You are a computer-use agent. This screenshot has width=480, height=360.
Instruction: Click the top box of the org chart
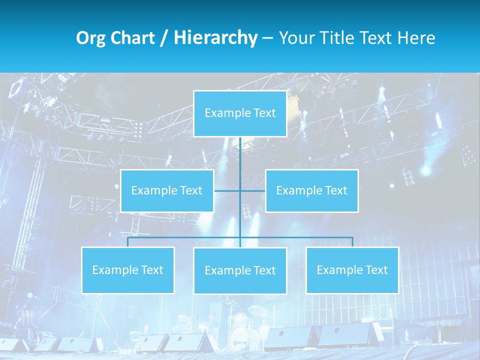tap(240, 113)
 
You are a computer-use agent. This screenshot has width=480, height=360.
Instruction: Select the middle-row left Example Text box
tap(167, 190)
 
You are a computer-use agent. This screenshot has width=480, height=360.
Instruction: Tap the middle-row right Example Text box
tap(311, 190)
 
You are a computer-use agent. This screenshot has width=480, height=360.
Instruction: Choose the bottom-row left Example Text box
tap(128, 270)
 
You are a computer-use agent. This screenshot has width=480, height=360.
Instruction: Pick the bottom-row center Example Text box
tap(240, 270)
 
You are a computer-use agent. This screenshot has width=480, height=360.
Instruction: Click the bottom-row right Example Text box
tap(352, 270)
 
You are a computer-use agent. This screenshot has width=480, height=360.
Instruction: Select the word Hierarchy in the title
tap(215, 38)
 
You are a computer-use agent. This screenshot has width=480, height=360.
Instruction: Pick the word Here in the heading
tap(416, 38)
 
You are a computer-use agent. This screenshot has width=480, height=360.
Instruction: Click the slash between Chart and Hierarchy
tap(164, 38)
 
